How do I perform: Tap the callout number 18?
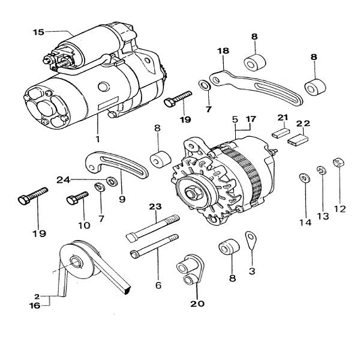pos(223,52)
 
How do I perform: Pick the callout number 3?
pos(252,271)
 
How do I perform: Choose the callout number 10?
pos(83,226)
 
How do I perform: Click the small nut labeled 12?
pos(338,162)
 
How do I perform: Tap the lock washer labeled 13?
pos(321,170)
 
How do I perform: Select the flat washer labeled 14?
pos(304,178)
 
